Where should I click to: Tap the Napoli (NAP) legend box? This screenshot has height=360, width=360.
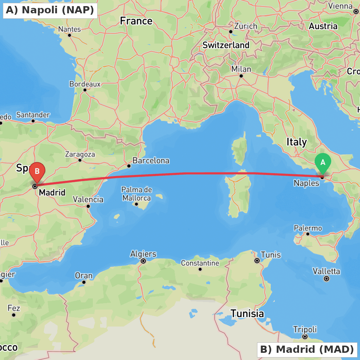(50, 10)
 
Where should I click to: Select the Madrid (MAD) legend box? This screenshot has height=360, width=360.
(307, 349)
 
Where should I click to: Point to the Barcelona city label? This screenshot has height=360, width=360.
(151, 161)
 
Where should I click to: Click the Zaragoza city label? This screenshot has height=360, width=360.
(80, 154)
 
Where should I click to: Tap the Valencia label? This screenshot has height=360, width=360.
(88, 199)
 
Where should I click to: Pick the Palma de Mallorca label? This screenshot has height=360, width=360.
(136, 194)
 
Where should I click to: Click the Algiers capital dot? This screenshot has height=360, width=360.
(143, 261)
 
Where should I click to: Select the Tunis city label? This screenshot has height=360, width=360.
(270, 255)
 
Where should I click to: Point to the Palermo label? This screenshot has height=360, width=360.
(308, 228)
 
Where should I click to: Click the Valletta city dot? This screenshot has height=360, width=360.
(327, 278)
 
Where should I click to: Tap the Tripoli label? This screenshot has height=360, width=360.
(305, 329)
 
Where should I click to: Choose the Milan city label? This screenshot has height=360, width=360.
(241, 69)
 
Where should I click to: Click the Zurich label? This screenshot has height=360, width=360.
(246, 26)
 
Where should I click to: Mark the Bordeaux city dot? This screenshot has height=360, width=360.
(85, 90)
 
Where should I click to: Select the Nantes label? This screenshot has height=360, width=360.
(69, 29)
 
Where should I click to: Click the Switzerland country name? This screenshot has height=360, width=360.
(226, 45)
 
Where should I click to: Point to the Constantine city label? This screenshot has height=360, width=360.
(200, 263)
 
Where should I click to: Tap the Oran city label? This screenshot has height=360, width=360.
(84, 276)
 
